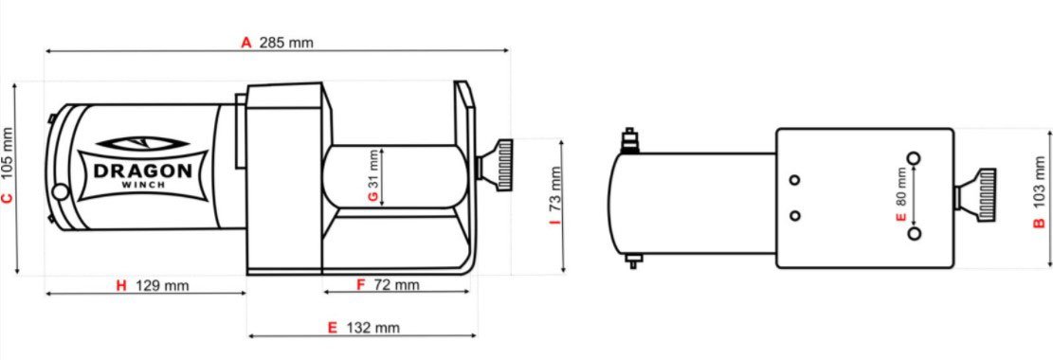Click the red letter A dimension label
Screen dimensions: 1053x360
click(246, 43)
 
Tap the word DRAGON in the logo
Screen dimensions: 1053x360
click(142, 171)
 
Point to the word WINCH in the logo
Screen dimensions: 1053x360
click(142, 185)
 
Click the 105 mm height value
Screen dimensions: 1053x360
click(8, 158)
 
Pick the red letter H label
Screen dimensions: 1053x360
click(121, 286)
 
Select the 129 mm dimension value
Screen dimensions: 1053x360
click(162, 286)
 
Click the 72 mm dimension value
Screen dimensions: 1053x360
click(396, 285)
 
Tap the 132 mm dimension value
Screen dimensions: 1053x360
click(372, 328)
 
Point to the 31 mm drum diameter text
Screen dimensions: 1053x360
click(373, 170)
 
